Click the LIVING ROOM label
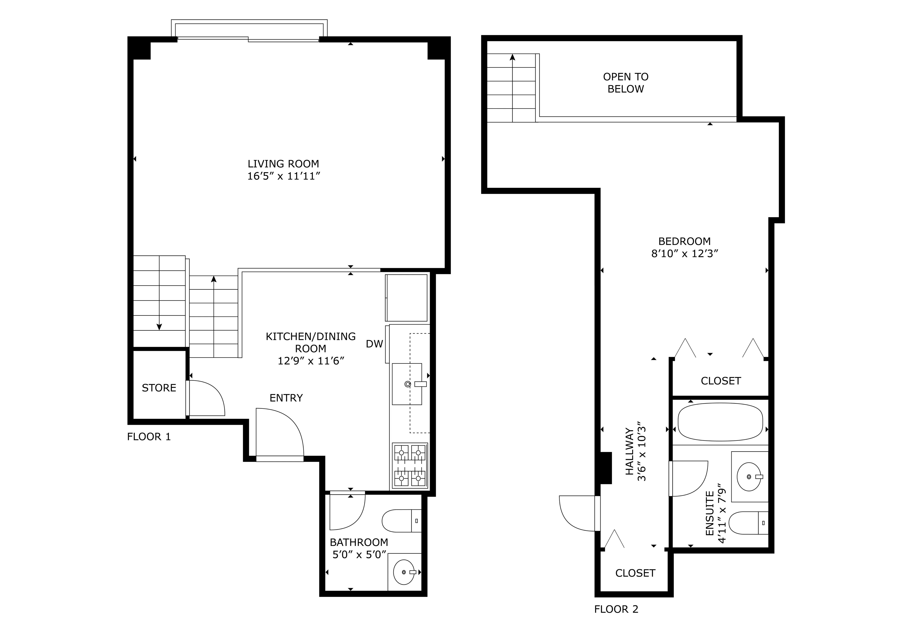pos(283,164)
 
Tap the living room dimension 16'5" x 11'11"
pos(283,176)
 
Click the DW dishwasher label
pos(374,344)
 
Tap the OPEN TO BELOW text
pos(626,83)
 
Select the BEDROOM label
pos(684,241)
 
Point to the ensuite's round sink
pos(749,477)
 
